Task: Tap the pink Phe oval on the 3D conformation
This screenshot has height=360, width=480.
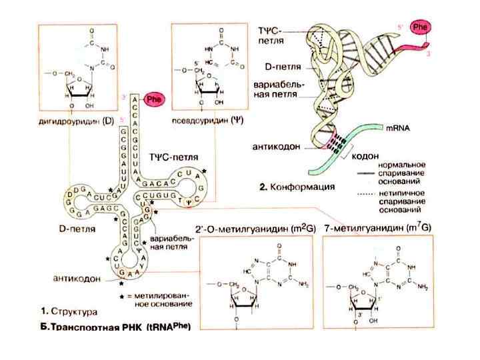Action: click(420, 27)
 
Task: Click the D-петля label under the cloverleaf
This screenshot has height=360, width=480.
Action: click(69, 227)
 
